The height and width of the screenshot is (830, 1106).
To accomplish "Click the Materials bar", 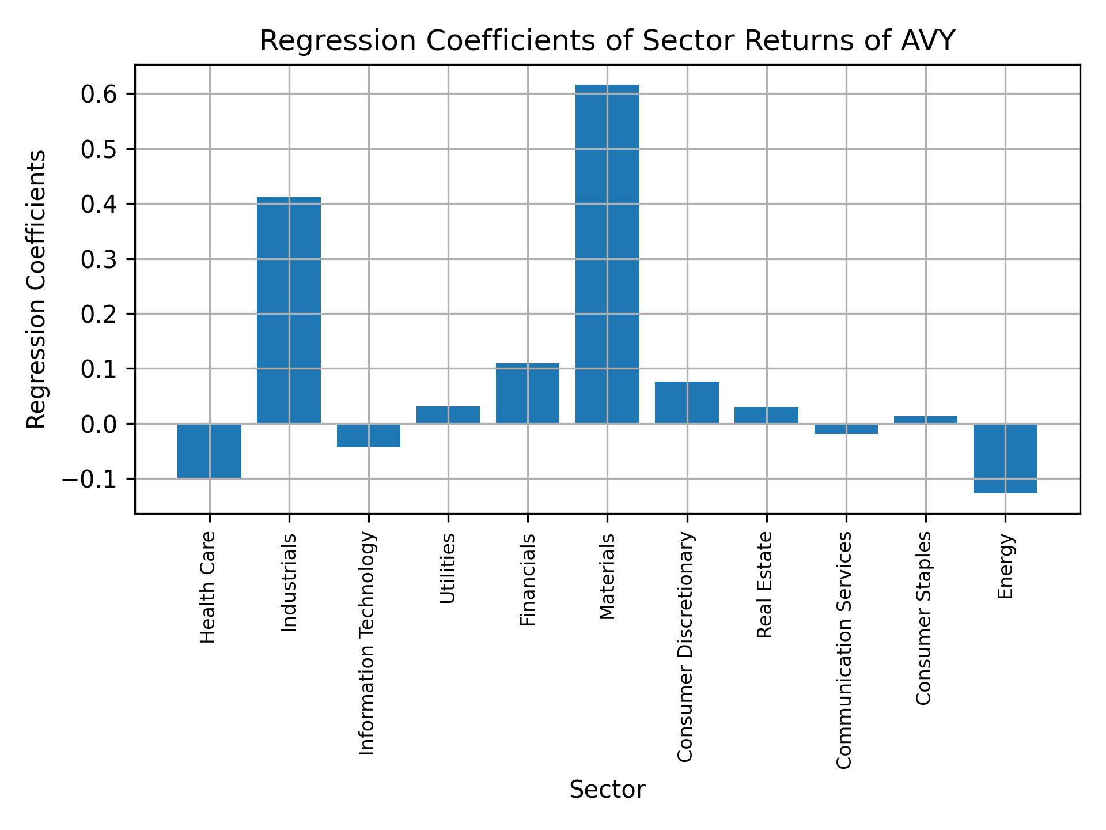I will [607, 254].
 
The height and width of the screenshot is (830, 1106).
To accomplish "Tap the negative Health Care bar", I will [209, 451].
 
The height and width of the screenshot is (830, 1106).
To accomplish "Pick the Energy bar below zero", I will [1005, 458].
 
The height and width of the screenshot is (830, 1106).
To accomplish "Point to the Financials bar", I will [528, 393].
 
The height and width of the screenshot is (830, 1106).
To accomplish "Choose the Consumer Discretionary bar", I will [687, 402].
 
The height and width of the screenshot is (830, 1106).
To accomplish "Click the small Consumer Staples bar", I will [925, 420].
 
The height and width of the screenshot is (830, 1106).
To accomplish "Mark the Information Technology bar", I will [369, 435].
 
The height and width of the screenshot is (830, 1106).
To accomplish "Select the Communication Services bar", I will [846, 429].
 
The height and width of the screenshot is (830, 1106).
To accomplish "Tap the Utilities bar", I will [448, 415].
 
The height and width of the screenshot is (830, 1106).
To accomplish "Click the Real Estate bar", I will [766, 415].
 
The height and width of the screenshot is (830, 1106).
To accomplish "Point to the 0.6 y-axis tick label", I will [99, 94].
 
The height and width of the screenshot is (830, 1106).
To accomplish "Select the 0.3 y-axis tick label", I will [99, 259].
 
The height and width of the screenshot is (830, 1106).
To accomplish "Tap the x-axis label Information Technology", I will [368, 643].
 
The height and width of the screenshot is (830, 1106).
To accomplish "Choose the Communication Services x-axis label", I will [844, 650].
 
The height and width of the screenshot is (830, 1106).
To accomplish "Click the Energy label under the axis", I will [1005, 566].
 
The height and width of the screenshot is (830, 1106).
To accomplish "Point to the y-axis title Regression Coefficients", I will [37, 289].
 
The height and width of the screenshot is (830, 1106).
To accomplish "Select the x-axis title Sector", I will [607, 790].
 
